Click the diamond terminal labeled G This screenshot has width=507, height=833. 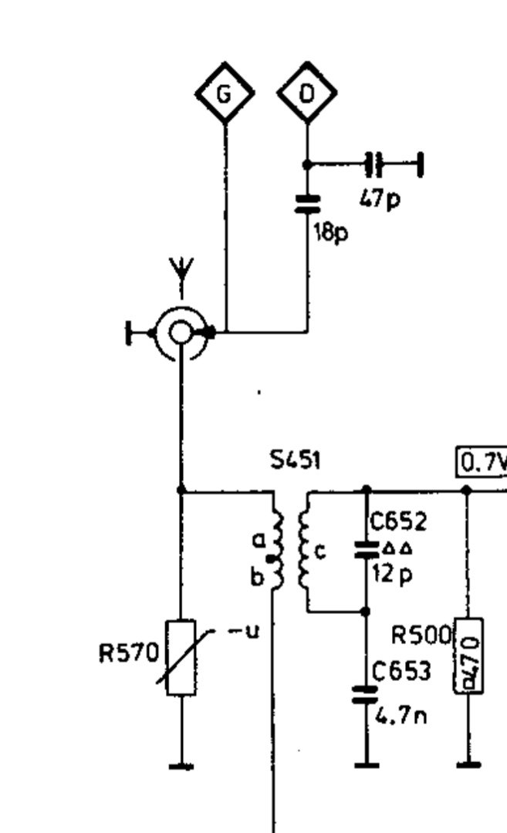point(224,93)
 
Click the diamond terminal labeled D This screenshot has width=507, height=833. point(307,93)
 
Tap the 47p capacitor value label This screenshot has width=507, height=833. point(380,199)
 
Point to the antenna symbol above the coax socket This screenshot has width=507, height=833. point(182,277)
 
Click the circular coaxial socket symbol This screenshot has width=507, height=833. point(181,332)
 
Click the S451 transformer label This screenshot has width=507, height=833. point(296,460)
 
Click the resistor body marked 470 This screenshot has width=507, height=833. point(468,656)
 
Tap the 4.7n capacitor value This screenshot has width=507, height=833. point(401,717)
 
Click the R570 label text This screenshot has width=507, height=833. point(127,654)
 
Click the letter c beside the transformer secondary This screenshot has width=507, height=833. point(320,551)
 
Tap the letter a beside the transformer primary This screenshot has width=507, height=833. point(259,541)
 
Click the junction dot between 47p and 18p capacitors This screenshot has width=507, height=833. point(307,164)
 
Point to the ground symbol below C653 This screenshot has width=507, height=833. point(366,764)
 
